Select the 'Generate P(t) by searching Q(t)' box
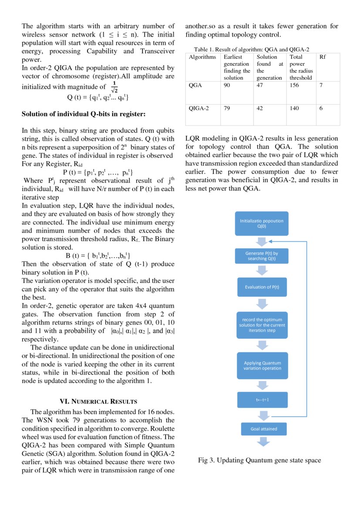click(x=262, y=256)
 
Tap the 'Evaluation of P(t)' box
click(x=262, y=287)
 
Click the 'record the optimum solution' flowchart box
click(x=262, y=325)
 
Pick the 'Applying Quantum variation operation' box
click(x=262, y=365)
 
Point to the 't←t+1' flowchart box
click(x=262, y=399)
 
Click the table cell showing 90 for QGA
click(x=227, y=86)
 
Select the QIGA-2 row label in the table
click(x=199, y=108)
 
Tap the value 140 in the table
click(x=294, y=108)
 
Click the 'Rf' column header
click(x=323, y=57)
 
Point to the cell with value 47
click(x=260, y=86)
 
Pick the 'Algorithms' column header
click(x=202, y=57)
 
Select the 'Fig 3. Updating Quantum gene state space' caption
click(x=259, y=460)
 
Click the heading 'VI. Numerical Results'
click(x=98, y=401)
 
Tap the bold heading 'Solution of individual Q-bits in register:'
click(x=83, y=114)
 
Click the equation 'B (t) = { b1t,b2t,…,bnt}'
click(x=98, y=256)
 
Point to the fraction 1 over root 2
click(x=114, y=87)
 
